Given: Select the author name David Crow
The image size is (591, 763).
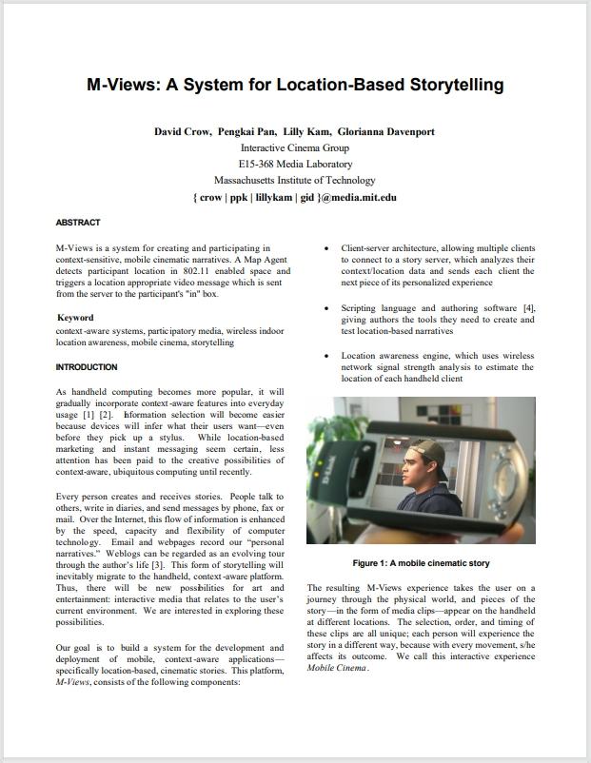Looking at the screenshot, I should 183,131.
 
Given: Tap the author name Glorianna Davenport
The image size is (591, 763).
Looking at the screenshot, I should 385,131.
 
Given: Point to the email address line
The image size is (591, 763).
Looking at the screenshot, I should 294,197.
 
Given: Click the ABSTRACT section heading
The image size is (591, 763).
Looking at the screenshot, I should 78,223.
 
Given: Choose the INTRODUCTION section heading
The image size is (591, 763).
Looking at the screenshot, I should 87,367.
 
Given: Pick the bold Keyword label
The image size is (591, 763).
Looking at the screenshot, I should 75,318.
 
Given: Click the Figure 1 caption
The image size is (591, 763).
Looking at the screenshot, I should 421,563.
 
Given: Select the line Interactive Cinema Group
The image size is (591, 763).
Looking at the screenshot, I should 294,147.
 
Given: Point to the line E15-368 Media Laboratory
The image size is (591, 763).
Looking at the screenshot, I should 294,164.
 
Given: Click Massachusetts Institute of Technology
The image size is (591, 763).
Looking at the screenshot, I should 294,180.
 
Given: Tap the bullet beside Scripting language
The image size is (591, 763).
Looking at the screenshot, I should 327,309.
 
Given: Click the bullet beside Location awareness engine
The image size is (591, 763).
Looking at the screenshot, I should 327,356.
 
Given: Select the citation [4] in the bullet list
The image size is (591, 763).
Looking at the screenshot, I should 528,308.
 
